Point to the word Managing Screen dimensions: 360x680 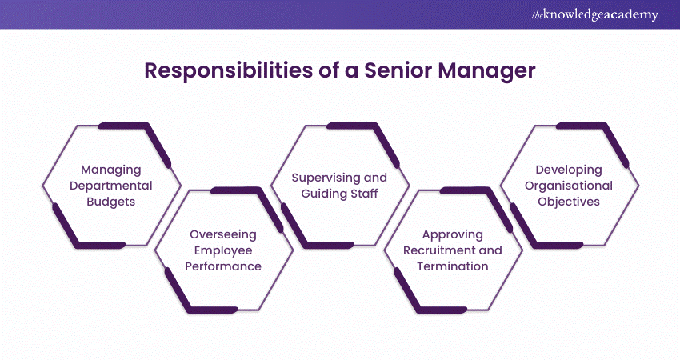click(112, 170)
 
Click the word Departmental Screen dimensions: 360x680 click(112, 186)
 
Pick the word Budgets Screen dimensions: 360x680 click(112, 202)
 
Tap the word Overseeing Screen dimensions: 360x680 click(223, 234)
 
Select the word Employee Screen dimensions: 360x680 click(223, 250)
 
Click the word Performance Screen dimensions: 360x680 click(223, 266)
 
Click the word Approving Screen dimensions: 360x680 click(453, 234)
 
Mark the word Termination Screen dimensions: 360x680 click(453, 266)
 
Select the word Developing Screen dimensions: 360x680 click(569, 170)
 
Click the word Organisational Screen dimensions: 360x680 click(569, 186)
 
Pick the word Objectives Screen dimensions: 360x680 click(569, 202)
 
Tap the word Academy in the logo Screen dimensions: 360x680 click(633, 14)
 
